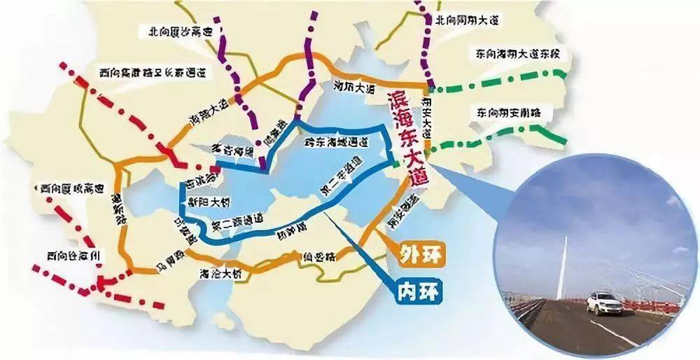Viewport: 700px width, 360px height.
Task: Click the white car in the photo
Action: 603,303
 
